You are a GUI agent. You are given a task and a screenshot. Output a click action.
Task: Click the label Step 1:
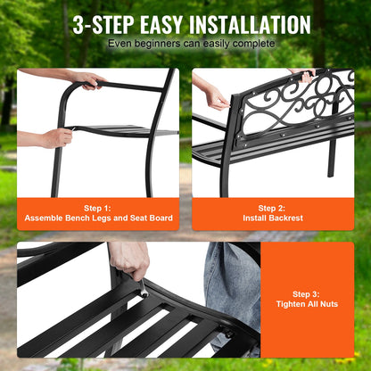[x=98, y=208]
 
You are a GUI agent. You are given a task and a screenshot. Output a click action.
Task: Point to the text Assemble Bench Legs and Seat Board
[x=98, y=218]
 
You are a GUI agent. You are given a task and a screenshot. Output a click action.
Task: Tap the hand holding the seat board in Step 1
[x=56, y=137]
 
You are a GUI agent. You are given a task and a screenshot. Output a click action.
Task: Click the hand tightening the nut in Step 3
[x=131, y=260]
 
